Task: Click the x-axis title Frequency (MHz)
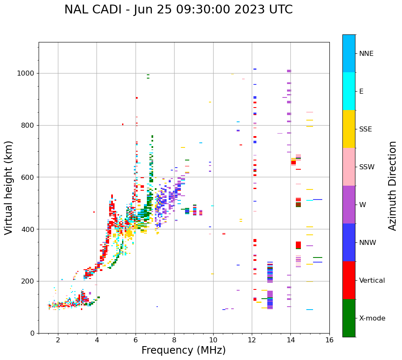coord(183,350)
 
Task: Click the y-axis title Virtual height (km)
coord(9,188)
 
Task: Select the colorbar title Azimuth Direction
coord(392,186)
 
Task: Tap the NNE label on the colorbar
coord(366,54)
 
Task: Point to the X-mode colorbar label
coord(372,318)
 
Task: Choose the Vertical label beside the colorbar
coord(372,281)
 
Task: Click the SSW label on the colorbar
coord(367,167)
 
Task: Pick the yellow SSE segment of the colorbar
coord(349,129)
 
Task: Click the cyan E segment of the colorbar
coord(349,91)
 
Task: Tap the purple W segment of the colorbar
coord(349,205)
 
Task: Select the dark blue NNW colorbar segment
coord(349,242)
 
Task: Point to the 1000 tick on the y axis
coord(27,74)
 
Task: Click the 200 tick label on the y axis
coord(29,281)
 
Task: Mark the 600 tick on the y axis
coord(29,177)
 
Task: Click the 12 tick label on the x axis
coord(252,340)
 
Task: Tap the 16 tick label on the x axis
coord(329,340)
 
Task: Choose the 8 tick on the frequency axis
coord(174,340)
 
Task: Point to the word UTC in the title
coord(280,10)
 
